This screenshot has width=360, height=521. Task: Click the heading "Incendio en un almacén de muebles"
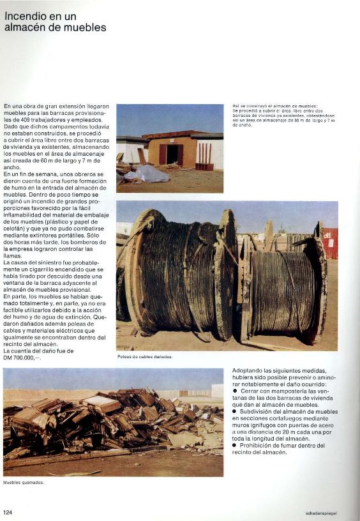point(55,21)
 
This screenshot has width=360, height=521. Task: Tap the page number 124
point(8,512)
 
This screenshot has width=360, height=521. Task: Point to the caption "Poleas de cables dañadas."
point(145,356)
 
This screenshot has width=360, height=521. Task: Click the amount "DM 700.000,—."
point(22,357)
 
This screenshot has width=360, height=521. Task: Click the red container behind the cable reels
point(330,242)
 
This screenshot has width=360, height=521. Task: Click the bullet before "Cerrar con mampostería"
point(234,391)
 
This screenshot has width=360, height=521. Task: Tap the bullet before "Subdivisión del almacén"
point(234,412)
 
